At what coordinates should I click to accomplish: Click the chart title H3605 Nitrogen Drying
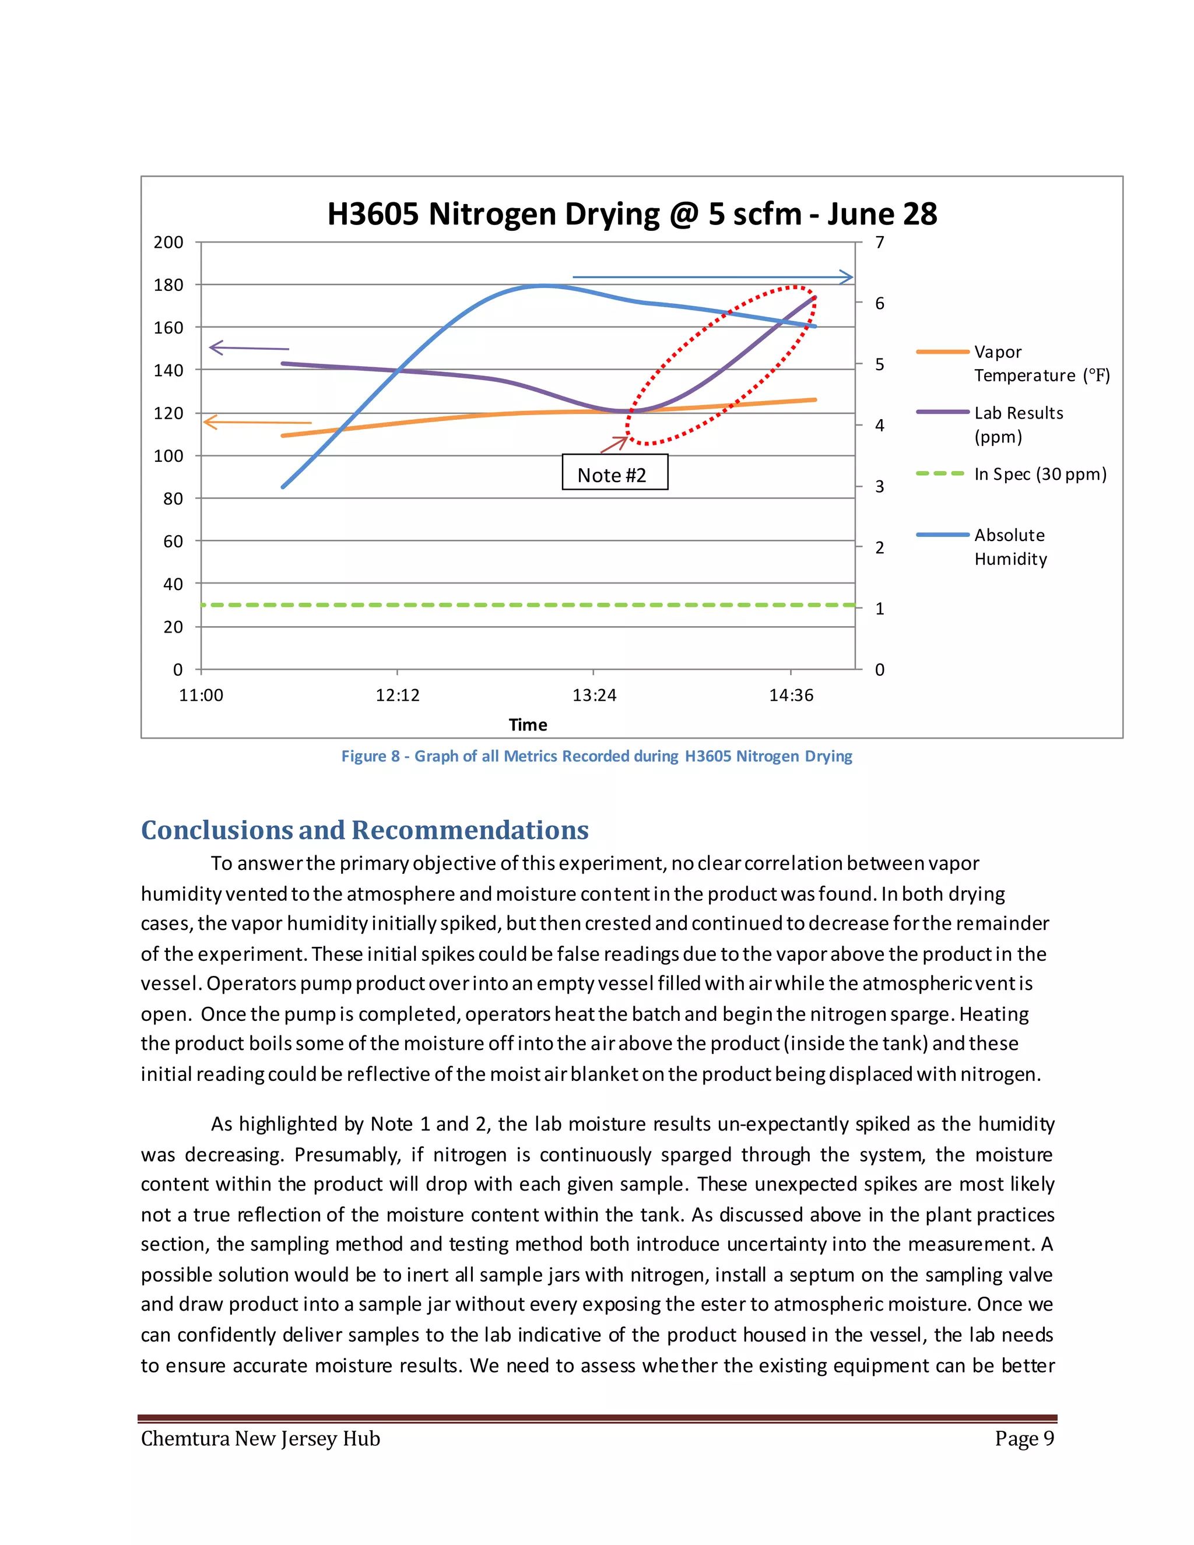tap(631, 213)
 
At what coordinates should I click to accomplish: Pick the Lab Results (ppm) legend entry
tap(1017, 424)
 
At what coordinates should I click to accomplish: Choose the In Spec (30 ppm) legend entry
tap(1038, 474)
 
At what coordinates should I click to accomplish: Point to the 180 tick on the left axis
tap(168, 285)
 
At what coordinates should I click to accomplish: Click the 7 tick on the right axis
tap(879, 243)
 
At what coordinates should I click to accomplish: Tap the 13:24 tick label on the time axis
tap(594, 696)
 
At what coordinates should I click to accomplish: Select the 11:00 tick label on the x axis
tap(201, 696)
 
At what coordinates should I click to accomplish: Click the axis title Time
tap(528, 724)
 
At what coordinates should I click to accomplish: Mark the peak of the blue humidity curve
tap(543, 286)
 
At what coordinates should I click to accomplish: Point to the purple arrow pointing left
tap(249, 348)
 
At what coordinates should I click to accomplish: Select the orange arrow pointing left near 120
tap(257, 422)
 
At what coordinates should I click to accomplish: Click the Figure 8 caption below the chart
tap(596, 756)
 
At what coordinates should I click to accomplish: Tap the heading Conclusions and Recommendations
tap(364, 830)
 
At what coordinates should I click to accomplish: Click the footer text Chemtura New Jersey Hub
tap(260, 1439)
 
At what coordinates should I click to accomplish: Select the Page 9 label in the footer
tap(1024, 1438)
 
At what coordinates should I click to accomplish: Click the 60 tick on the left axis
tap(173, 541)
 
